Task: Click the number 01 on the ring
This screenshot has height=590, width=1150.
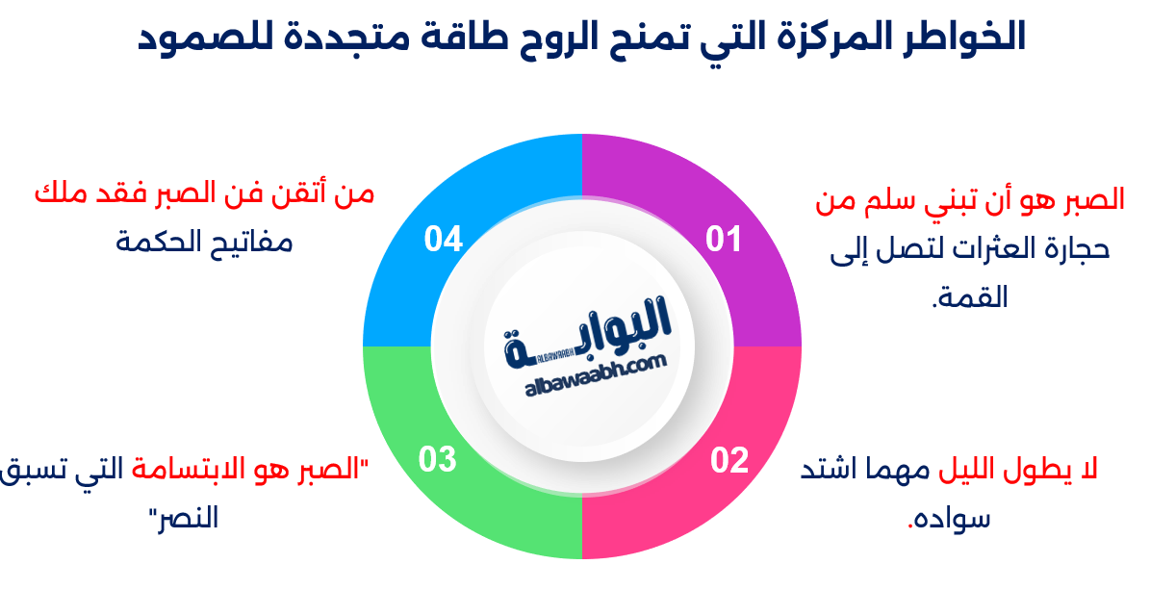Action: pos(724,239)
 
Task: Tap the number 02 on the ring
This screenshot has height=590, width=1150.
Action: pos(729,461)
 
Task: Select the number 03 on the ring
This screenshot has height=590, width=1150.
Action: pos(436,460)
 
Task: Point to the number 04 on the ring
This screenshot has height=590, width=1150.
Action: pos(444,239)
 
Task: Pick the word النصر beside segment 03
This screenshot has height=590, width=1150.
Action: pos(183,518)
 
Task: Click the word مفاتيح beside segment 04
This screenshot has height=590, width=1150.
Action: pos(247,240)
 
